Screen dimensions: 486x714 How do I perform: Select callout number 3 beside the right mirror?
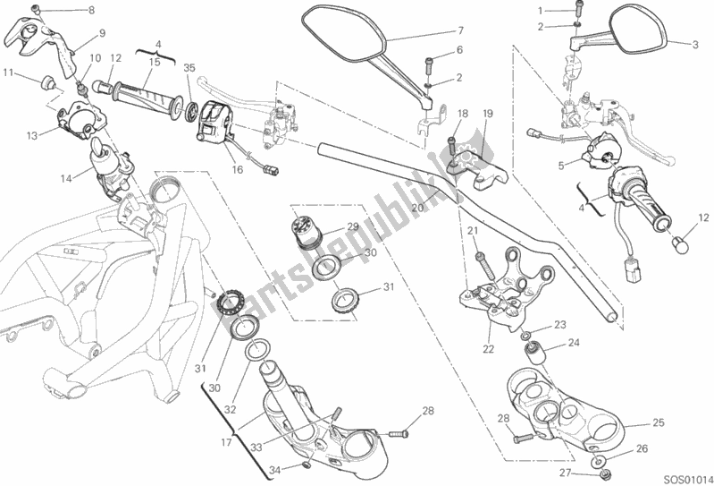tap(693, 44)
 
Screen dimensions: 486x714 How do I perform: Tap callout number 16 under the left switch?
tap(237, 168)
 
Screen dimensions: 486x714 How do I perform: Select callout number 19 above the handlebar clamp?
tap(488, 114)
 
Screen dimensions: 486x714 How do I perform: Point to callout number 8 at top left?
tap(89, 10)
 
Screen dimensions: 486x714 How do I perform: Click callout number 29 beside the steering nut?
tap(353, 227)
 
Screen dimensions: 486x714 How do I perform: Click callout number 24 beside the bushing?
tap(574, 342)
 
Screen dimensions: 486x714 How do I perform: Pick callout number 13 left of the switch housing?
tap(31, 136)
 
